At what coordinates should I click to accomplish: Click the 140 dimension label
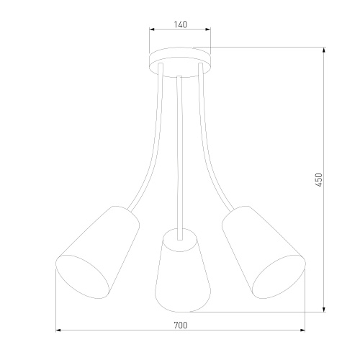[x=180, y=24]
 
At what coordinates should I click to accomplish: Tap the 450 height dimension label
[x=318, y=179]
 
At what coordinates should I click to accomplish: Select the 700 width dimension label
[x=181, y=325]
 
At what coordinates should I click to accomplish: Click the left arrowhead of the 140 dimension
[x=152, y=30]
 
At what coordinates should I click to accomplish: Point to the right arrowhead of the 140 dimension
[x=208, y=30]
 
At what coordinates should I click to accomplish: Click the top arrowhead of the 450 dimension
[x=324, y=50]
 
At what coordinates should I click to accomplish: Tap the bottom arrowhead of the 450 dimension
[x=324, y=310]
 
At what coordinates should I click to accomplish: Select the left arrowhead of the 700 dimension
[x=58, y=330]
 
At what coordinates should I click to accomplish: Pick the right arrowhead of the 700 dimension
[x=302, y=330]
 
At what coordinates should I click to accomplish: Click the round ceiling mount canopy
[x=180, y=62]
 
